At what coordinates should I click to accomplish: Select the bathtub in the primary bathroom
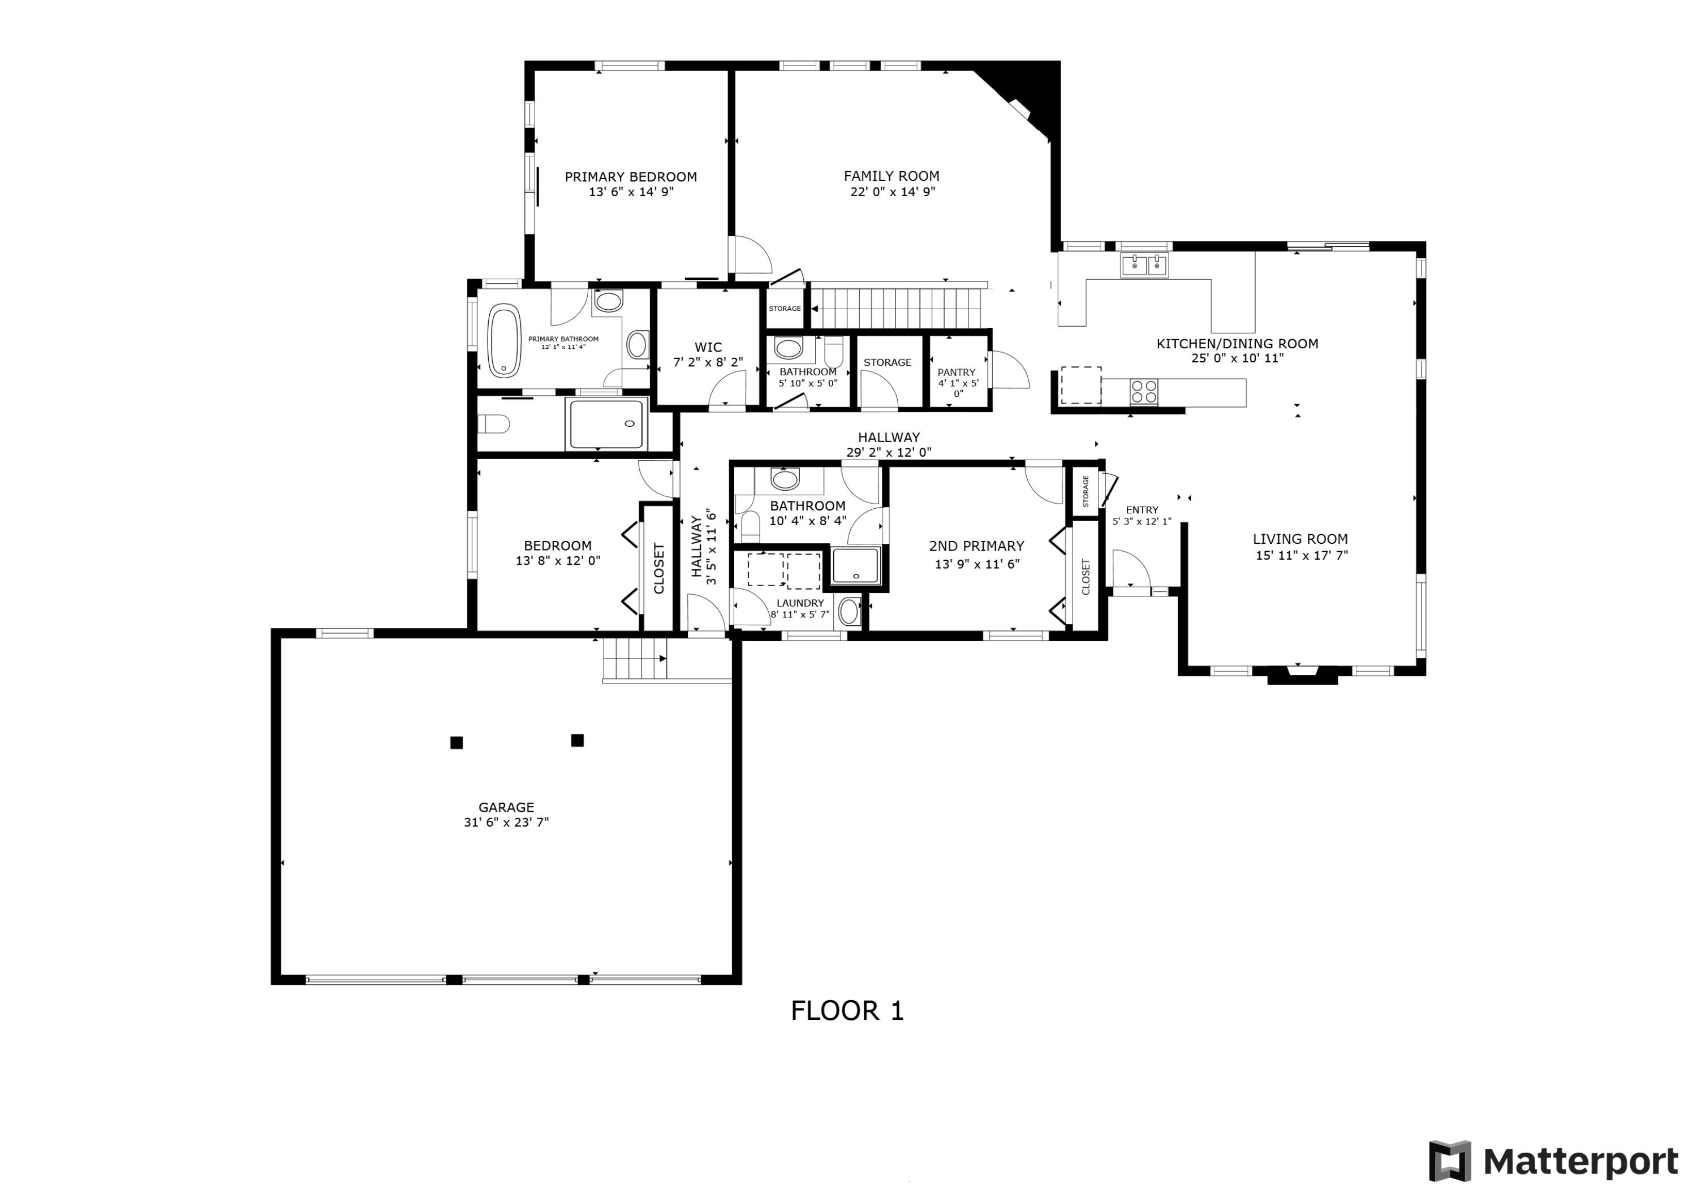[504, 341]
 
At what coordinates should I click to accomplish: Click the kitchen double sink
[1144, 265]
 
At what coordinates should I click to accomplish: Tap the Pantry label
[957, 373]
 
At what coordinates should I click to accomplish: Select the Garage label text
[506, 807]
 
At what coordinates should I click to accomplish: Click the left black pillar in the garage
[456, 742]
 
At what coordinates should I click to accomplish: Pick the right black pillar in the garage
[577, 740]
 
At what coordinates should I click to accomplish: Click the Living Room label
[1300, 539]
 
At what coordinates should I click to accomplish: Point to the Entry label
[1142, 510]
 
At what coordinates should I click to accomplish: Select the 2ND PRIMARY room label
[976, 546]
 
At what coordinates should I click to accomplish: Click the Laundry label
[800, 603]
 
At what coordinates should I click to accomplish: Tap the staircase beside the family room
[898, 308]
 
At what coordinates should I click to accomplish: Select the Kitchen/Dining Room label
[1237, 344]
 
